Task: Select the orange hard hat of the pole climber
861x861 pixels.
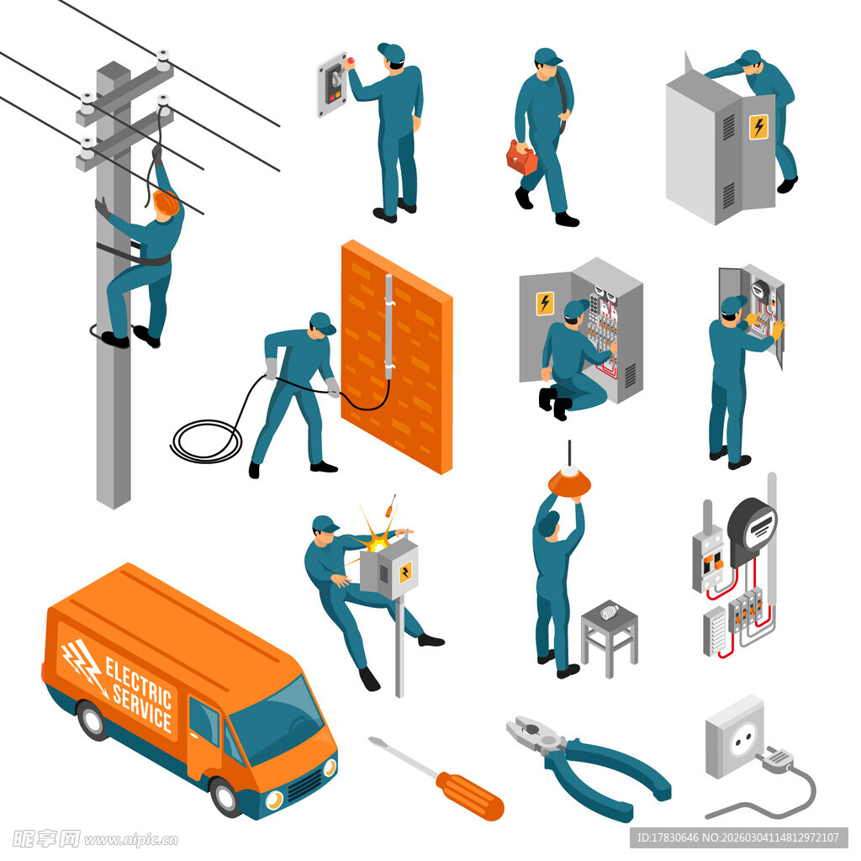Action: point(166,202)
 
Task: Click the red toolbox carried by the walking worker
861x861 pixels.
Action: point(521,158)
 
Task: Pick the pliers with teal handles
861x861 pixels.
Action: point(588,766)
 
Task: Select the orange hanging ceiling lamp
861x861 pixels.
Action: point(569,480)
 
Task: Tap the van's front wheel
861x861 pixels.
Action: point(225,797)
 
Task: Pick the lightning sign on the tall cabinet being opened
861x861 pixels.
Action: point(758,128)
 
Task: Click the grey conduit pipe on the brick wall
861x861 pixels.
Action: point(388,327)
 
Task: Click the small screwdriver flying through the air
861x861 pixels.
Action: point(391,505)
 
